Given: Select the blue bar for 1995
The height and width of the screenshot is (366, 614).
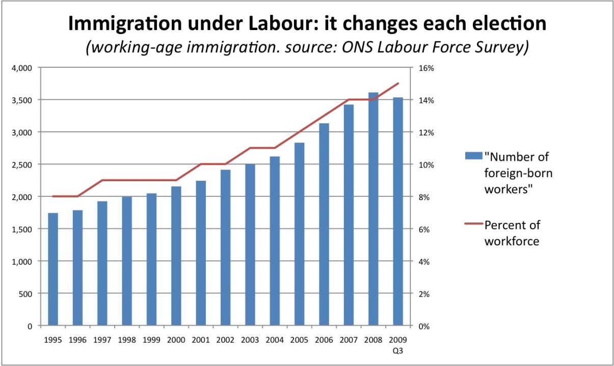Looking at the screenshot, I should [x=53, y=269].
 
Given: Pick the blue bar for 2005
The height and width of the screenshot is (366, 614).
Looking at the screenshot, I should [x=300, y=234].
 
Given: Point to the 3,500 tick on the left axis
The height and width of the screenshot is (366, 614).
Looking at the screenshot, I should [x=22, y=100].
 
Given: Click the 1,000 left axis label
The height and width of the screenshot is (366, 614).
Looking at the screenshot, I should [x=22, y=262].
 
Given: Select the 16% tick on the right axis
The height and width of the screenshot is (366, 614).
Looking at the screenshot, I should [x=426, y=68].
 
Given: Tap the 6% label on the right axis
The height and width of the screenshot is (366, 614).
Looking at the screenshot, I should [x=424, y=230].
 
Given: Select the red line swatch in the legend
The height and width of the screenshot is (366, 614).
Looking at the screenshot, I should [x=473, y=224].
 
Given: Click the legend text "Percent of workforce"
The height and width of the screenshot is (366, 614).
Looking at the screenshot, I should [x=512, y=233].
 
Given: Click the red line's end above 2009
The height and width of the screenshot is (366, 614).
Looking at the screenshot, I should [x=398, y=83].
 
